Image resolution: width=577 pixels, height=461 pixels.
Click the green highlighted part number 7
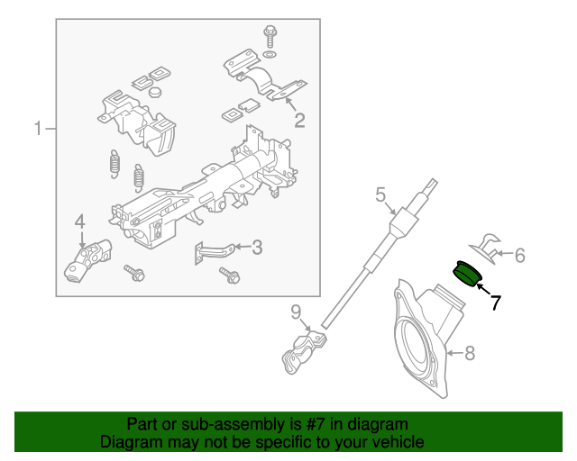pyautogui.click(x=466, y=272)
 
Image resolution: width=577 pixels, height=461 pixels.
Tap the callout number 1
pyautogui.click(x=39, y=130)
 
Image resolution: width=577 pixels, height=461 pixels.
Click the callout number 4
pyautogui.click(x=79, y=221)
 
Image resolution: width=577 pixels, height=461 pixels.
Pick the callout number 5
pyautogui.click(x=380, y=194)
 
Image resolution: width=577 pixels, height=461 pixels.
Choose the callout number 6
pyautogui.click(x=519, y=256)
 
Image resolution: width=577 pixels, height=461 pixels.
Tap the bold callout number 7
pyautogui.click(x=495, y=303)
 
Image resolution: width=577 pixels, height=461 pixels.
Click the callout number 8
pyautogui.click(x=469, y=354)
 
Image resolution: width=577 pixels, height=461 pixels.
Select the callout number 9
pyautogui.click(x=295, y=312)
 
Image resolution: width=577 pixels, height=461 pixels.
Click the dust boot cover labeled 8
pyautogui.click(x=424, y=338)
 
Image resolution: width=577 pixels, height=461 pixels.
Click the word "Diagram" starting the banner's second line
pyautogui.click(x=132, y=442)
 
